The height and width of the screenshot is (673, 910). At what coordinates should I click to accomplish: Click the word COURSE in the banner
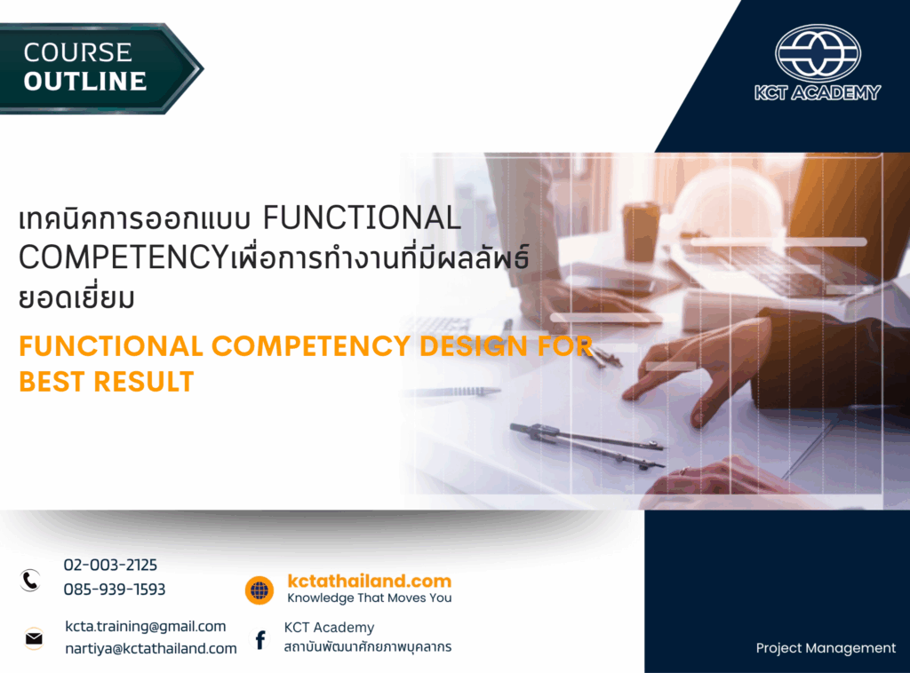pyautogui.click(x=78, y=52)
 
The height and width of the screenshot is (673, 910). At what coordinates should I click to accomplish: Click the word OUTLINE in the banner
pyautogui.click(x=85, y=81)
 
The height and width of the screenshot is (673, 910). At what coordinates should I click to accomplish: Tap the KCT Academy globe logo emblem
pyautogui.click(x=818, y=53)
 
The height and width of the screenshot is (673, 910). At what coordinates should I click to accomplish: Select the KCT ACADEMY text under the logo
pyautogui.click(x=818, y=92)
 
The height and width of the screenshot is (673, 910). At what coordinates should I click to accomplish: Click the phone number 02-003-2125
pyautogui.click(x=110, y=565)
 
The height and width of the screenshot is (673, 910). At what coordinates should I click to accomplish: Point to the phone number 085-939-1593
pyautogui.click(x=115, y=590)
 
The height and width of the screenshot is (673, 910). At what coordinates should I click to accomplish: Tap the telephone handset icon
pyautogui.click(x=31, y=581)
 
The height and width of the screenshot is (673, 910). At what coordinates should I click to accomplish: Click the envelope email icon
pyautogui.click(x=34, y=638)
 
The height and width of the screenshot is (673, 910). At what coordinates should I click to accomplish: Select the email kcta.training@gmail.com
pyautogui.click(x=146, y=627)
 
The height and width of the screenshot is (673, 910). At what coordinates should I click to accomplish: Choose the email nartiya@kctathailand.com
pyautogui.click(x=151, y=649)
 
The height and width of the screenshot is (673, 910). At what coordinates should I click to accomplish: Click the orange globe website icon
pyautogui.click(x=259, y=590)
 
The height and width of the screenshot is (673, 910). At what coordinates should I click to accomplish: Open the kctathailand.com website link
pyautogui.click(x=370, y=582)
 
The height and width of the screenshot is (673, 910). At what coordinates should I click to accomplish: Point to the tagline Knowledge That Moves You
pyautogui.click(x=370, y=598)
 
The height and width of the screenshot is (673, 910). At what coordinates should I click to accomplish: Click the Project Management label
pyautogui.click(x=826, y=648)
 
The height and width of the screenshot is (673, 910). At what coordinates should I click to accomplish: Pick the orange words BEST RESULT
pyautogui.click(x=107, y=382)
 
